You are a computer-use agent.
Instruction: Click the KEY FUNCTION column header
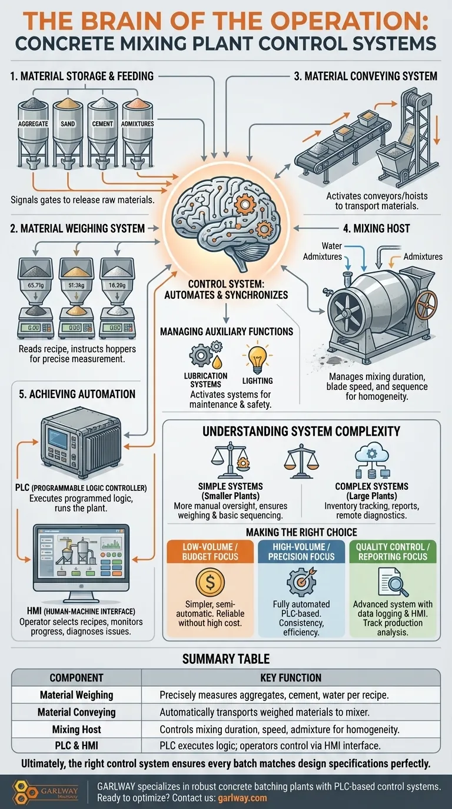point(291,677)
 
